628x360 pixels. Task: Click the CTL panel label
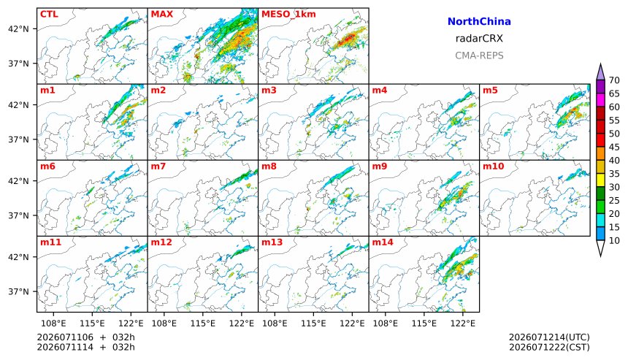(x=49, y=14)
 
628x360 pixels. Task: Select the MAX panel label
(x=162, y=14)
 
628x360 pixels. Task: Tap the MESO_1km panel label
(x=288, y=15)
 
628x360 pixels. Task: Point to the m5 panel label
(x=490, y=90)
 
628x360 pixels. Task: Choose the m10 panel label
(x=493, y=166)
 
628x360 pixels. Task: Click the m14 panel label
(x=383, y=242)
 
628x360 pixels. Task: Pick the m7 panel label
(x=158, y=166)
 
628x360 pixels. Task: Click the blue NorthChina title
(x=479, y=22)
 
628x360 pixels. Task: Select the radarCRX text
(x=479, y=39)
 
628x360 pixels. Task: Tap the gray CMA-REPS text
(x=479, y=55)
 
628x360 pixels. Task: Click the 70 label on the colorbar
(x=614, y=80)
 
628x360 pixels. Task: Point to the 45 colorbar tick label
(x=614, y=147)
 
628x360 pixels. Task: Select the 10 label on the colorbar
(x=614, y=241)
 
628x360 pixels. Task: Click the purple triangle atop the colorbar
(x=600, y=72)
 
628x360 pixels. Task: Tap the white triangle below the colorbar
(x=600, y=248)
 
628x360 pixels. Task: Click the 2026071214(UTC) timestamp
(x=549, y=337)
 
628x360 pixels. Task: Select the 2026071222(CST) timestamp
(x=549, y=347)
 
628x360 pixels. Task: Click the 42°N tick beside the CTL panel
(x=19, y=28)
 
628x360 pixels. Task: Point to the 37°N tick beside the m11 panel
(x=19, y=291)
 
